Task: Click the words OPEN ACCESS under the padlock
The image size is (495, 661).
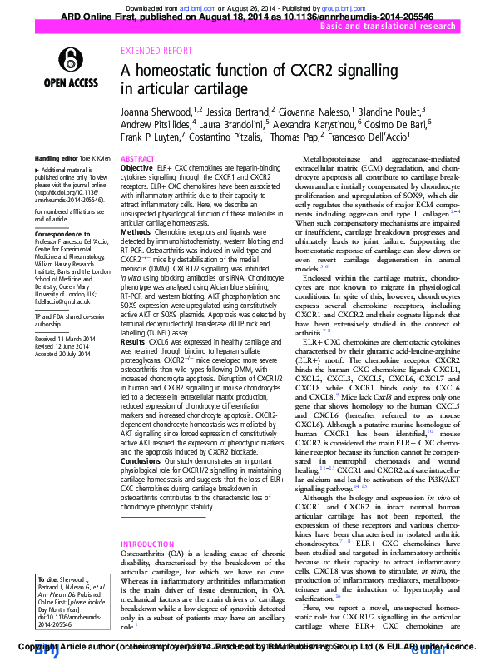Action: [72, 82]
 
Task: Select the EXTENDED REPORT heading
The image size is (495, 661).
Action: [152, 50]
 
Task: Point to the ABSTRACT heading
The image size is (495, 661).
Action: [137, 158]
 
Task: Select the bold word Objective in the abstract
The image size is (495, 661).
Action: [137, 168]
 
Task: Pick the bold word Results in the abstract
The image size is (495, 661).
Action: [133, 342]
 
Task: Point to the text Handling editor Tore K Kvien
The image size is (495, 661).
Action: [72, 158]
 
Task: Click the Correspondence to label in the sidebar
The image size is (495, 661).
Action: [62, 234]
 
